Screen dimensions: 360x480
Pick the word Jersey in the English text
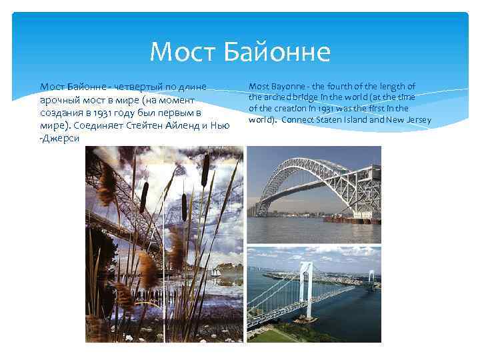[417, 120]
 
